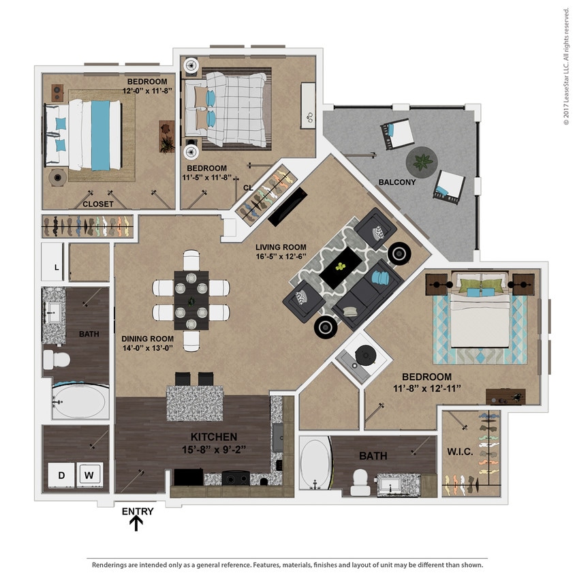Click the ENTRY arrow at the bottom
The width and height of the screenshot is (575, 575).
[x=137, y=523]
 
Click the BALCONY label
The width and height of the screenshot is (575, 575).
[x=397, y=182]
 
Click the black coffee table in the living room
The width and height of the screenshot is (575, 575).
[x=341, y=267]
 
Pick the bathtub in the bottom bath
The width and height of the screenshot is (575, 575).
[x=315, y=465]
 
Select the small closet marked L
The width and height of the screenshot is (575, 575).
[x=55, y=262]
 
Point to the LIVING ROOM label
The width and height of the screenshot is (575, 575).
[x=281, y=247]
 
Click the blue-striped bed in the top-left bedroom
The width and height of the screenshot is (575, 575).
[x=85, y=135]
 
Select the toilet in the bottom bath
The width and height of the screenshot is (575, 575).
[x=359, y=482]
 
